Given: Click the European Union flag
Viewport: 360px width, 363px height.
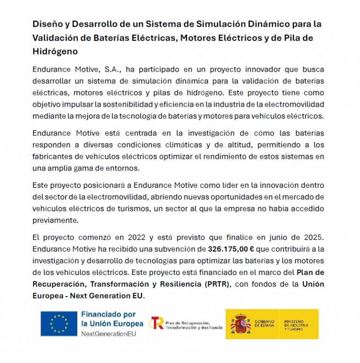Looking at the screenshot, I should click(59, 324).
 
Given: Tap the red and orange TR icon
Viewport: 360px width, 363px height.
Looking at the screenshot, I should click(157, 323).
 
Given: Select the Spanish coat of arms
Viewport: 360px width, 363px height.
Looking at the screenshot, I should click(240, 324).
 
